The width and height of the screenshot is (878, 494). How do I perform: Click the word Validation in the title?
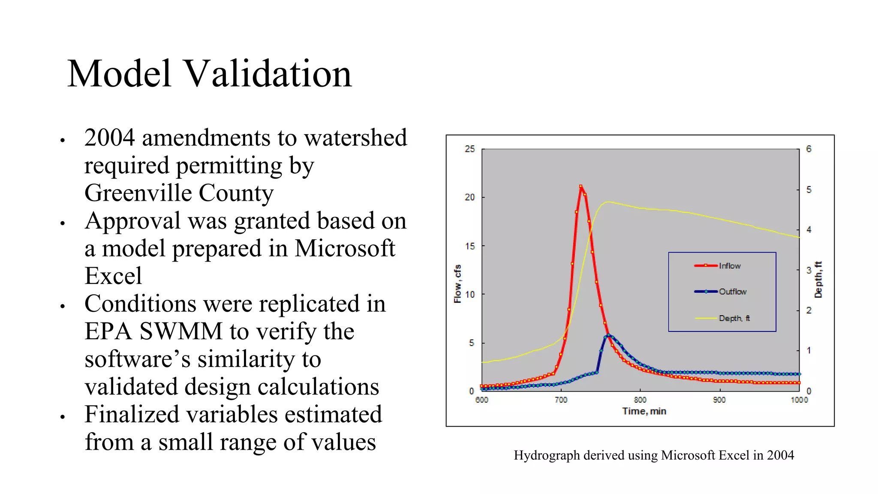268,74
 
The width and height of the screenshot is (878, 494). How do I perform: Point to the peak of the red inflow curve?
581,187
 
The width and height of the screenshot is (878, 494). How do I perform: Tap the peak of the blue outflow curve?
608,335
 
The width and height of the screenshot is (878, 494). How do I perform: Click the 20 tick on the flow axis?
470,197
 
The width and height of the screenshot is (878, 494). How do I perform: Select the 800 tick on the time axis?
640,400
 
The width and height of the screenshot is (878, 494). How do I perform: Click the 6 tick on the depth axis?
809,149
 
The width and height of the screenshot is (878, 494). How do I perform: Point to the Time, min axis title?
644,411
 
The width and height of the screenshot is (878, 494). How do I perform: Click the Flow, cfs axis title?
457,284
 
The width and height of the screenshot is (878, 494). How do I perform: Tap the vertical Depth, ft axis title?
818,280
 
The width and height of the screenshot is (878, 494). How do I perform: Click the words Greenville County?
179,193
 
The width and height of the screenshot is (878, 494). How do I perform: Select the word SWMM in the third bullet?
181,331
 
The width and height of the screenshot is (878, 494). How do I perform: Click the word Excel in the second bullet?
113,276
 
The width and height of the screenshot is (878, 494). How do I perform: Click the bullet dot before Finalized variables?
63,416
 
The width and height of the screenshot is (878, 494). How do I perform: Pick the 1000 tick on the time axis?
799,400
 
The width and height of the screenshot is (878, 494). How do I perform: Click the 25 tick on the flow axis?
470,149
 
